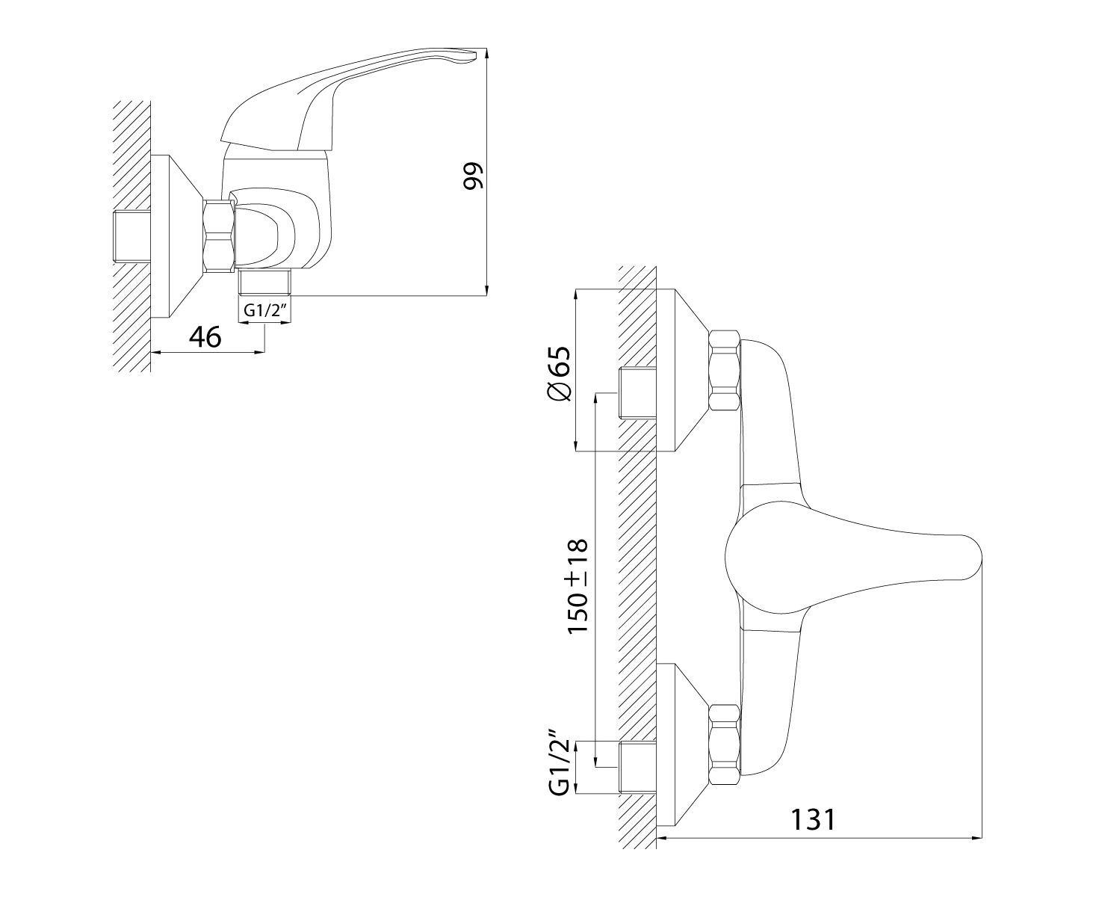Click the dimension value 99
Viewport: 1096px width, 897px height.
click(x=473, y=176)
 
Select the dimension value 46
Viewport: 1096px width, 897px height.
click(x=205, y=337)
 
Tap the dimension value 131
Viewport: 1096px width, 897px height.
click(x=813, y=819)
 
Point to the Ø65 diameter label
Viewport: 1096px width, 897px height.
click(x=559, y=373)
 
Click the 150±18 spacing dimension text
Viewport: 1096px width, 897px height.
click(x=578, y=585)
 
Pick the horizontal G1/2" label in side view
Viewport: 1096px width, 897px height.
click(x=265, y=310)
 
